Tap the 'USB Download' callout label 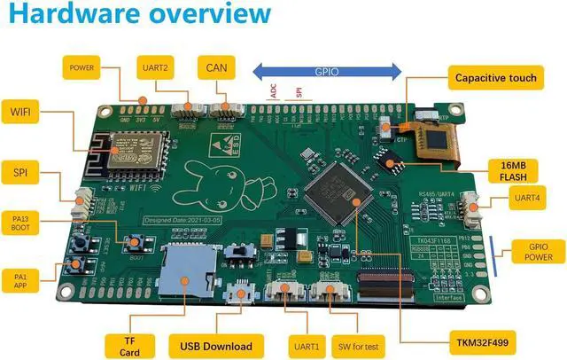point(216,346)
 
